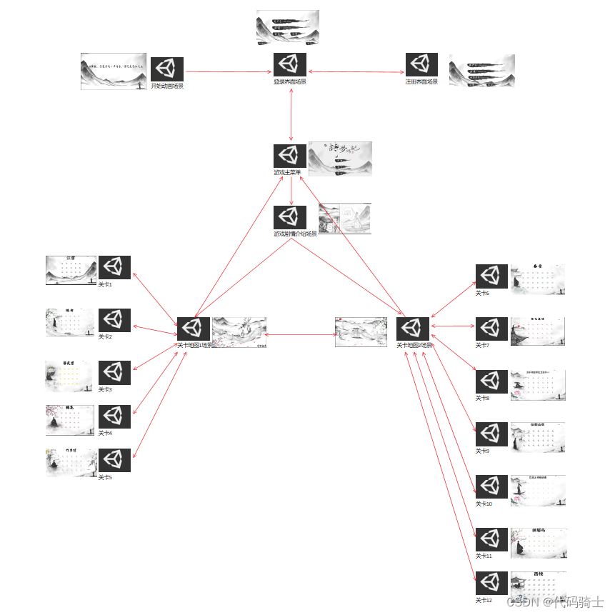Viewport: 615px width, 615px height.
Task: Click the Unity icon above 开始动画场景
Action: point(167,69)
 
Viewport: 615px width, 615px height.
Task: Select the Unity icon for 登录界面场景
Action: point(290,65)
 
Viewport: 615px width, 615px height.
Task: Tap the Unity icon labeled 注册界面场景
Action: point(422,65)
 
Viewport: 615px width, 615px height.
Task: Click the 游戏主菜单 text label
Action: point(288,172)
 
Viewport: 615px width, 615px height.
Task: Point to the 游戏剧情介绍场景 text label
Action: point(295,234)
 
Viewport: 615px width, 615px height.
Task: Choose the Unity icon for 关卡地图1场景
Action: point(194,329)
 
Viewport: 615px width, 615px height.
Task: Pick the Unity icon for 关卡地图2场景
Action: point(413,329)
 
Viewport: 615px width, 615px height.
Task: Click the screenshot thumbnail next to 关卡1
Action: point(71,270)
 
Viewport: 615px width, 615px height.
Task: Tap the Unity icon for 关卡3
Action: point(114,373)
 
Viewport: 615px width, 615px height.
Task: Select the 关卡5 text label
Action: point(105,477)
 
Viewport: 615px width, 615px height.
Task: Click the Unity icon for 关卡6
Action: point(491,276)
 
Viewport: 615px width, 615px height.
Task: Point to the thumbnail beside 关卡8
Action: point(538,385)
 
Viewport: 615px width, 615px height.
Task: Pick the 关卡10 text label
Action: point(484,504)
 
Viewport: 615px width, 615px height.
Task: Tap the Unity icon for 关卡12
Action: point(491,583)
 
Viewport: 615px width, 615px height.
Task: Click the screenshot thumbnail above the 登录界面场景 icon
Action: point(287,27)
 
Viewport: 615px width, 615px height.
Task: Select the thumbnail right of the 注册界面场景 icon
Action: point(481,70)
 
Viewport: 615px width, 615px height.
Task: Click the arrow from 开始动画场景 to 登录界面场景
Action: point(229,71)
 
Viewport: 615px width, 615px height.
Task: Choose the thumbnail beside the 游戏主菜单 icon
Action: point(340,159)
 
